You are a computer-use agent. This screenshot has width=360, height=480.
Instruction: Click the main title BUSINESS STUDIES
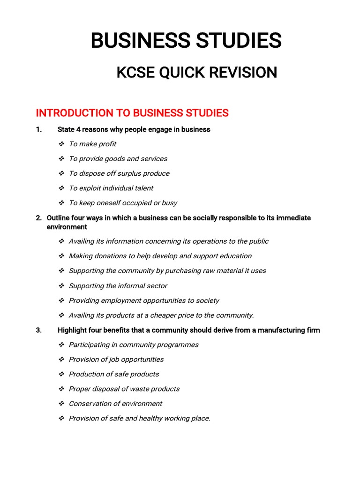(x=186, y=41)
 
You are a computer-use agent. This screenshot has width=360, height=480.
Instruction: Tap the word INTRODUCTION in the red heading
(x=70, y=113)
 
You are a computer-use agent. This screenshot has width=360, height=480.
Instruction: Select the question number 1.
(x=38, y=129)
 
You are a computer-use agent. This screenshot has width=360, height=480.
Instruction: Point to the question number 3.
(x=38, y=330)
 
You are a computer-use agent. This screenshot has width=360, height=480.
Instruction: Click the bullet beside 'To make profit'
(x=61, y=144)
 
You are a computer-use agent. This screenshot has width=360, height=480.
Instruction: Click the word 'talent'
(x=143, y=188)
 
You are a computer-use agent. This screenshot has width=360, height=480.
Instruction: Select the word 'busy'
(x=169, y=203)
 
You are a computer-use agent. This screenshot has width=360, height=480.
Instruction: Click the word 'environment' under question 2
(x=67, y=227)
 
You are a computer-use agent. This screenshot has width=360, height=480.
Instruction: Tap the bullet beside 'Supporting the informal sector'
(x=61, y=285)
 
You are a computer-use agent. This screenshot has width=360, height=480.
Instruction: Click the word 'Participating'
(x=93, y=345)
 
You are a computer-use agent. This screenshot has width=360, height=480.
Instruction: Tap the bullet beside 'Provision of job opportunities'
(x=61, y=360)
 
